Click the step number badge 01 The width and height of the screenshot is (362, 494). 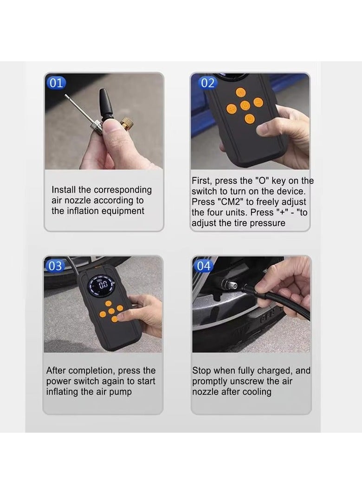tap(56, 83)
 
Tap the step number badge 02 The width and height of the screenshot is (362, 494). tap(207, 83)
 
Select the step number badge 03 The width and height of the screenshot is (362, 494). tap(55, 266)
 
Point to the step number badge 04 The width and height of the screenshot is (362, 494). tap(204, 266)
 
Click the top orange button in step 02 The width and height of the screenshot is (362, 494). tap(241, 92)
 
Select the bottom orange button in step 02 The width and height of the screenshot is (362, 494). tap(249, 119)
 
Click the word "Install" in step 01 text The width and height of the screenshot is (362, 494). tap(64, 189)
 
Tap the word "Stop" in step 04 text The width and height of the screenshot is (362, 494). tap(201, 371)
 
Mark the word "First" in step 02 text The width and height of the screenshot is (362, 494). tap(201, 181)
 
